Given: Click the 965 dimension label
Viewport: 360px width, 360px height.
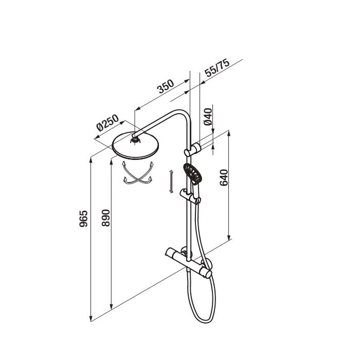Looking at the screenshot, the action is (83, 219).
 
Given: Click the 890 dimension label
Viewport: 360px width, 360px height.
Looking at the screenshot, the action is (106, 218).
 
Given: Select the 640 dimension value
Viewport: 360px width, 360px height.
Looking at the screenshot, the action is (224, 177).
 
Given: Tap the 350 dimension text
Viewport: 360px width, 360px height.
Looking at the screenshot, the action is (166, 86).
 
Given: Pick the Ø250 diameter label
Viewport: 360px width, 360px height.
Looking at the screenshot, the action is (107, 122).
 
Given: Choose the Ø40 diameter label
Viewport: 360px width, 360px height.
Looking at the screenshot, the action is (208, 117).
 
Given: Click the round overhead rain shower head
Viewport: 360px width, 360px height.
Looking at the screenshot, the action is (135, 146).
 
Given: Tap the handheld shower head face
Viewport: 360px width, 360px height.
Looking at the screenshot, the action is (192, 173).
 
